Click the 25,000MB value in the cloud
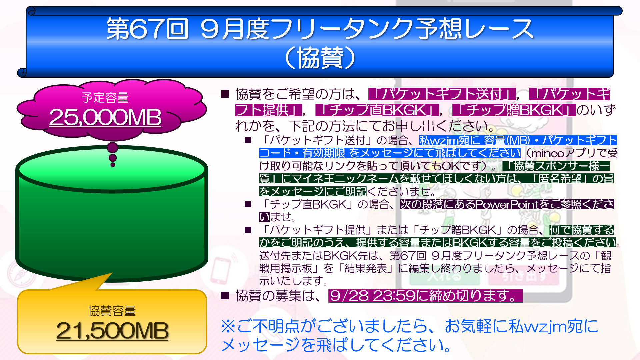coord(105,117)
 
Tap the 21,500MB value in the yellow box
coord(112,331)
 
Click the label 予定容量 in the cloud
coord(105,97)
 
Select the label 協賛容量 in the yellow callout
coord(112,311)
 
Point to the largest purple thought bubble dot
coord(113,147)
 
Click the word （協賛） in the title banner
coord(320,58)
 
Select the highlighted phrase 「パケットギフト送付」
coord(442,94)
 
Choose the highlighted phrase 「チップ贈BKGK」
coord(514,110)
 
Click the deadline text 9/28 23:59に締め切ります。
coord(425,296)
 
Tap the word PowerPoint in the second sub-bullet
coord(507,204)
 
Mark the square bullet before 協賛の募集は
coord(225,295)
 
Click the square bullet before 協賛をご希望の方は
coord(225,94)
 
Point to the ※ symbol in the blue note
coord(228,326)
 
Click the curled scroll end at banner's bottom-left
coord(22,72)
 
